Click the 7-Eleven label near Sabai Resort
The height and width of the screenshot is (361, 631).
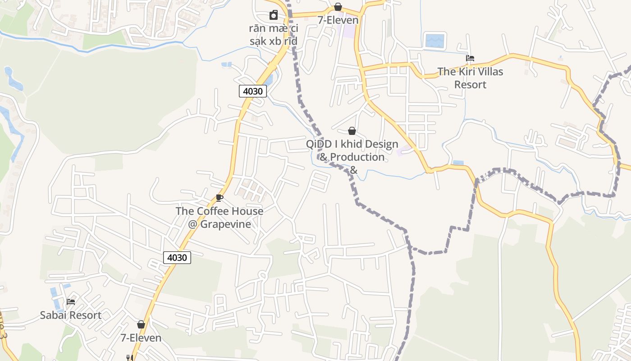pos(141,338)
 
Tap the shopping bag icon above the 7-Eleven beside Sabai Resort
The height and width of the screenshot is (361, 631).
pos(141,324)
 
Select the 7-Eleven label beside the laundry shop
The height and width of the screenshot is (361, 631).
pos(338,20)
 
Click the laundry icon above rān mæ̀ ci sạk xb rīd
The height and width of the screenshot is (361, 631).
pos(274,15)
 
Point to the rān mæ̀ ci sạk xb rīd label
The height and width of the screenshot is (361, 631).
pos(274,35)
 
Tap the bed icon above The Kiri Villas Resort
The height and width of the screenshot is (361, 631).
pos(470,58)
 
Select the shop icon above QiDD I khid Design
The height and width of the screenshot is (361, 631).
pos(352,131)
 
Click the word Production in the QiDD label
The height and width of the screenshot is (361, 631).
pos(357,157)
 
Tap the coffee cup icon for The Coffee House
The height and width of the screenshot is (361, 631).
pos(219,198)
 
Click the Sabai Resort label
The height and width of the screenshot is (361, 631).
pos(71,315)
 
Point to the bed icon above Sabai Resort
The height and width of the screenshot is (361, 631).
pos(71,301)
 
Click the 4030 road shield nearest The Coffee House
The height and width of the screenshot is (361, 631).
pos(177,258)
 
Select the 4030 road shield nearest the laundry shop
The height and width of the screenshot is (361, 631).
pos(253,91)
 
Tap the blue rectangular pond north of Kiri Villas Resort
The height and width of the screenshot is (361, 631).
pos(434,41)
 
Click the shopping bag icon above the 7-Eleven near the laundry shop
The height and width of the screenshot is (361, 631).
pos(338,7)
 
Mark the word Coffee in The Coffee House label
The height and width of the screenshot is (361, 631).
pos(211,211)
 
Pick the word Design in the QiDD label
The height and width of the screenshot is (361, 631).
pos(375,144)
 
